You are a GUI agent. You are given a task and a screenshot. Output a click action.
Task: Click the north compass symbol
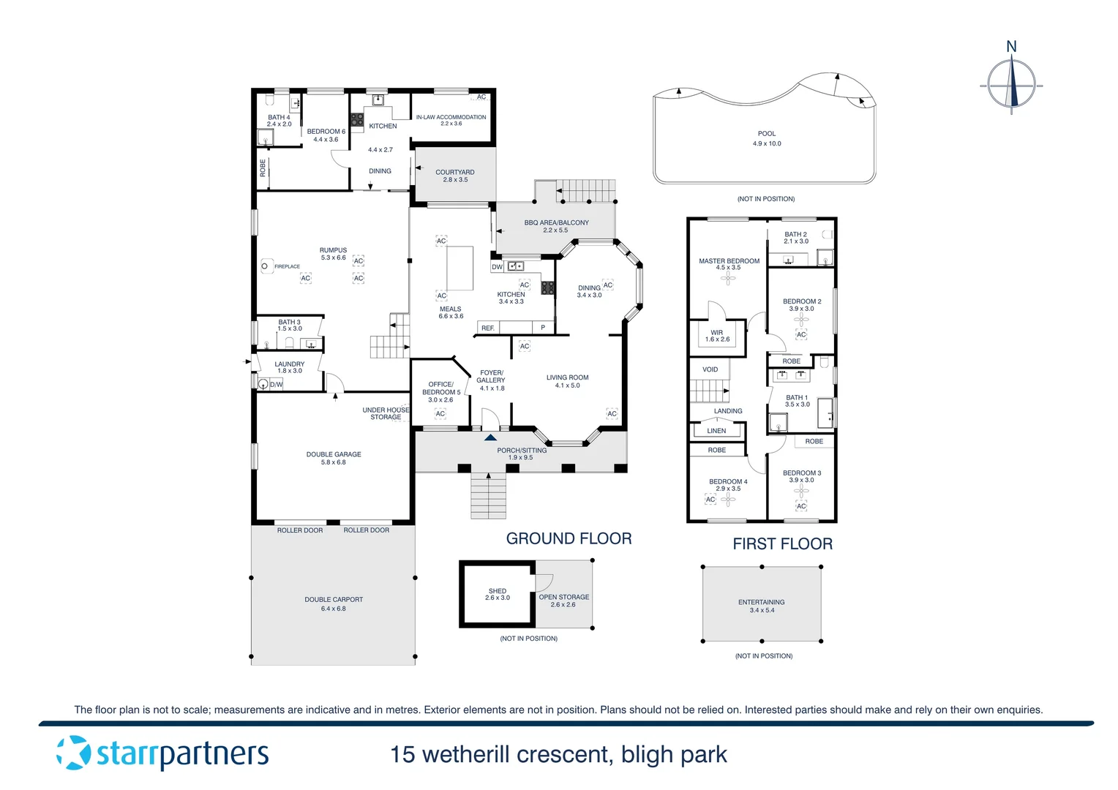(x=1012, y=83)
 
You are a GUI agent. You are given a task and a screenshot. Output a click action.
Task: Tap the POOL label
(x=766, y=134)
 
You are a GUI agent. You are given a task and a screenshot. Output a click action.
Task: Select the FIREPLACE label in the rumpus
(x=287, y=266)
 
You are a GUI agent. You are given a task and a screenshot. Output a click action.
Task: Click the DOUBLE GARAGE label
(x=334, y=454)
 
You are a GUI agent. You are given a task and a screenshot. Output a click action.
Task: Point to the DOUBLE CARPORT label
(x=334, y=599)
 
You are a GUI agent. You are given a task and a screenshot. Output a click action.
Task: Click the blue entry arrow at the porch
(x=490, y=437)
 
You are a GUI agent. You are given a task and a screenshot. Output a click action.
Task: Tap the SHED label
(x=498, y=590)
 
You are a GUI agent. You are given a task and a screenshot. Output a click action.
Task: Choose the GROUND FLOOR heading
(x=569, y=538)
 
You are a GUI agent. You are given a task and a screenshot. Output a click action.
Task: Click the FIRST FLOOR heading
(x=782, y=543)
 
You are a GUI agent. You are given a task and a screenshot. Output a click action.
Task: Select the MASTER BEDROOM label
(x=729, y=260)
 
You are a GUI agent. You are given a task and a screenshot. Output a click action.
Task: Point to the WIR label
(x=717, y=332)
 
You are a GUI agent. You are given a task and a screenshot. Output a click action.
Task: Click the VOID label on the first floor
(x=710, y=369)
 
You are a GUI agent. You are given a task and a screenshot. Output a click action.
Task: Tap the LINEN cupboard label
(x=716, y=431)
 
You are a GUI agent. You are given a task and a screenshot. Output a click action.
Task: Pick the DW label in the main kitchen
(x=498, y=267)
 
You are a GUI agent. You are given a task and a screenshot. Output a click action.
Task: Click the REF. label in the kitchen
(x=488, y=328)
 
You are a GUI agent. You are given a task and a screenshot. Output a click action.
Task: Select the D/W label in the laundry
(x=277, y=384)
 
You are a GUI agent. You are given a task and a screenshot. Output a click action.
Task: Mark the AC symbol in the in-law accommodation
(x=481, y=97)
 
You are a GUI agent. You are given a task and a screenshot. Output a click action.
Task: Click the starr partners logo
(x=162, y=753)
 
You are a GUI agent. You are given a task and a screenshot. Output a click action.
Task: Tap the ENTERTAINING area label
(x=761, y=602)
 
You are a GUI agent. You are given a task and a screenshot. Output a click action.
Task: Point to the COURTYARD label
(x=455, y=172)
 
